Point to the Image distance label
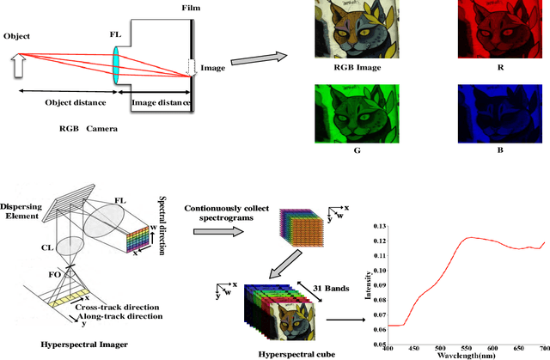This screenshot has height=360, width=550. [161, 103]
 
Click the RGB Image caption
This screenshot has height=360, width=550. [347, 73]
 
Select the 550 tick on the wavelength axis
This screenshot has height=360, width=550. [466, 348]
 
